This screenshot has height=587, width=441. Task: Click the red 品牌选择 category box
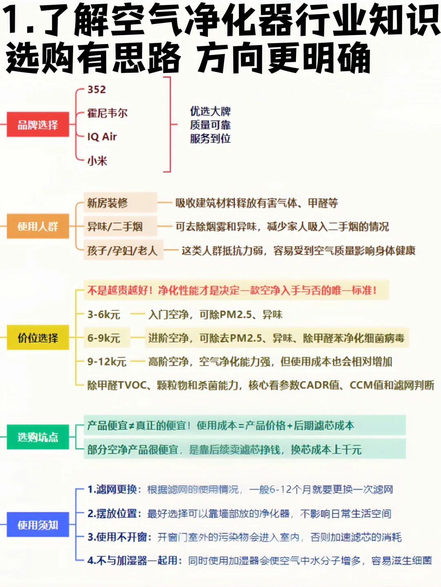pos(38,125)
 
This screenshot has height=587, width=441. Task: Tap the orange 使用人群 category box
pos(38,226)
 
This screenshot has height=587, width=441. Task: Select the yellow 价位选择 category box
pos(38,338)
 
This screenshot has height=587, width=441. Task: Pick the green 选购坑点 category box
pos(38,437)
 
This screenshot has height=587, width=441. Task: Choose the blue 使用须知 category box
pos(38,525)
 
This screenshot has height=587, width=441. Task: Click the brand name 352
pos(97,90)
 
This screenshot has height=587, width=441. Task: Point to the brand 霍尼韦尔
pos(107,113)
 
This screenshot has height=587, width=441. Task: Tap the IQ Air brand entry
pos(102,137)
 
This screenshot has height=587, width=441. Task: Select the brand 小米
pos(97,161)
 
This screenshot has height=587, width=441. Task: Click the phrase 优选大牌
pos(210,111)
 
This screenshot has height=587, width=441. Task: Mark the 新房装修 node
pos(107,203)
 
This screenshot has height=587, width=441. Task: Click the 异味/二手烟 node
pos(115,227)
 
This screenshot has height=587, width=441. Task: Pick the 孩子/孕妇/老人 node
pos(122,250)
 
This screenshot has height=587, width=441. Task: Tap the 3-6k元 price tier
pos(104,315)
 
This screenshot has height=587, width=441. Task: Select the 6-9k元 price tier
pos(104,338)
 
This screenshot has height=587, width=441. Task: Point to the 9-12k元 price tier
pos(107,362)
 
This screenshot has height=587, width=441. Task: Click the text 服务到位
pos(210,139)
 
